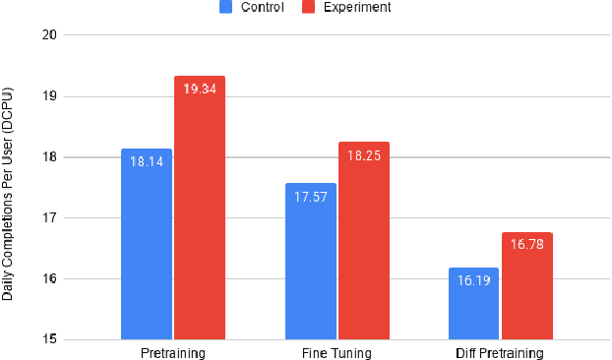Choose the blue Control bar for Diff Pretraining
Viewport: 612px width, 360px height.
click(473, 305)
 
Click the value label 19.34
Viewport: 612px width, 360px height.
click(201, 89)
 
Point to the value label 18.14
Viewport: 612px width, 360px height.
click(147, 161)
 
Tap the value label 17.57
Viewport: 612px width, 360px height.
click(310, 196)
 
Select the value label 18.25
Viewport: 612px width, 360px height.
click(364, 154)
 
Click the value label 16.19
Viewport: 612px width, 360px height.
click(473, 280)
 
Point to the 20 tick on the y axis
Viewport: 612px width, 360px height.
click(50, 35)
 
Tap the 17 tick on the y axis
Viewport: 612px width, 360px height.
click(50, 218)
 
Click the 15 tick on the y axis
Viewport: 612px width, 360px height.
click(50, 340)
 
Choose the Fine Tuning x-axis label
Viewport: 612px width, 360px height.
click(337, 352)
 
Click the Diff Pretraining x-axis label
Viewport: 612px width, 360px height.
click(500, 352)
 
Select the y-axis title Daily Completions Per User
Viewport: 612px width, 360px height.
click(9, 187)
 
